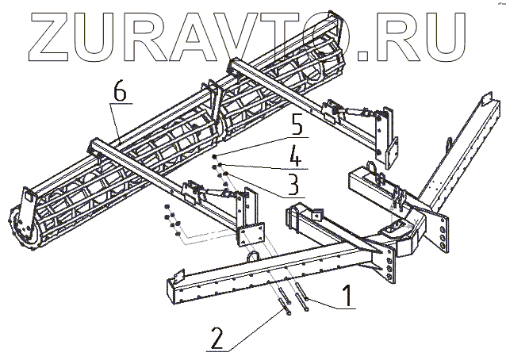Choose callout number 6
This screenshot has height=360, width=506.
point(119,92)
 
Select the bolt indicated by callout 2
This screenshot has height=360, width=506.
point(282,305)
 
